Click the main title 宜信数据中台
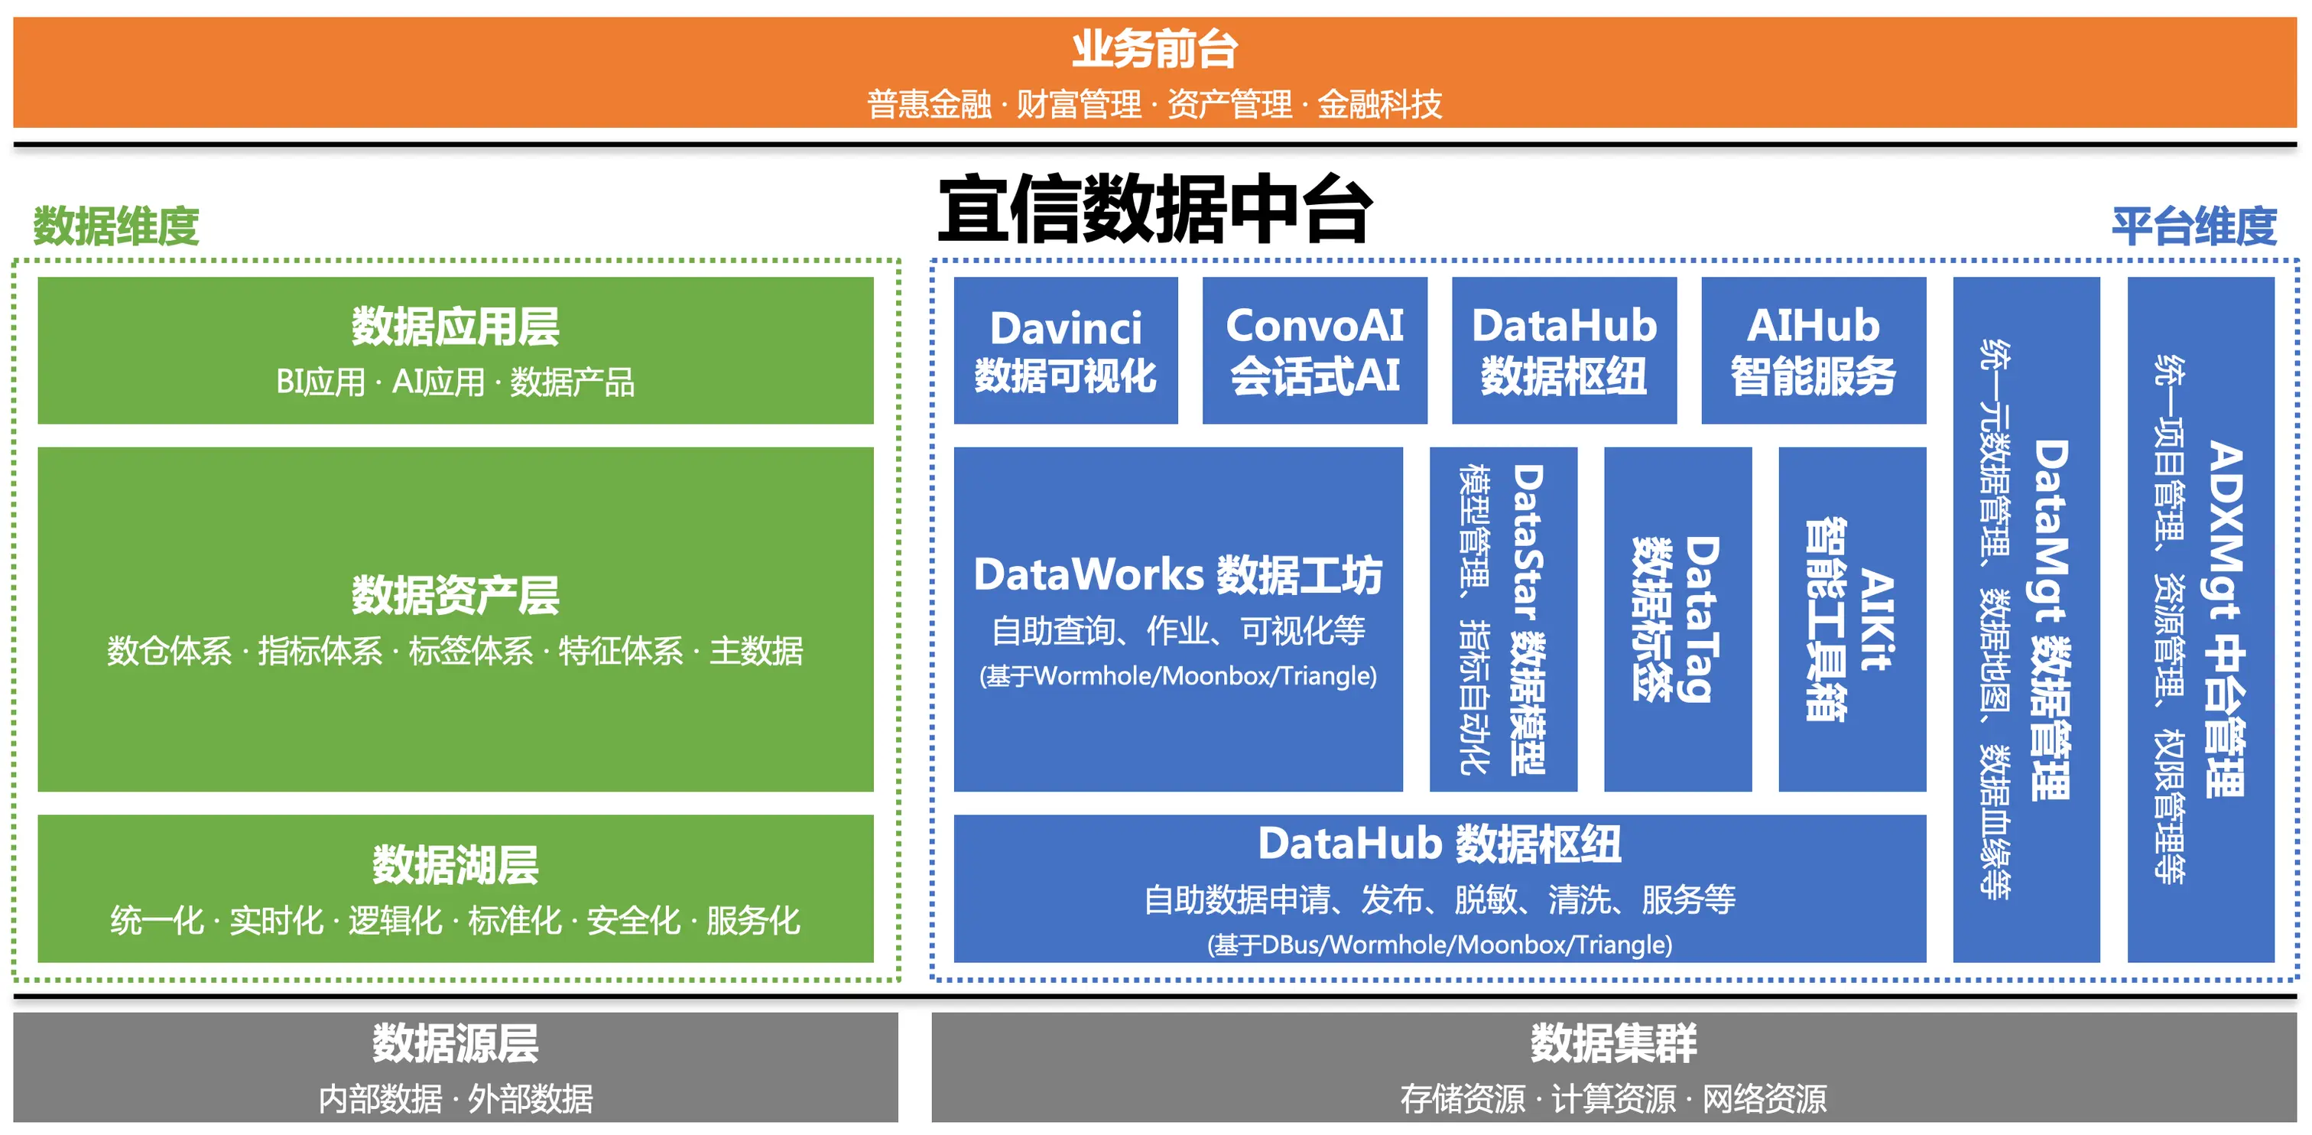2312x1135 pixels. (1155, 210)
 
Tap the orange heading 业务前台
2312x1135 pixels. (1155, 50)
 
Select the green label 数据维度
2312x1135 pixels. (115, 226)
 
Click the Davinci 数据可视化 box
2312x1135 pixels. (1065, 350)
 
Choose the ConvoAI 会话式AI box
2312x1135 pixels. (1315, 350)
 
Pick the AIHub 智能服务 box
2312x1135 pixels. (1814, 350)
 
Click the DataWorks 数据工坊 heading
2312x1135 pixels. (1177, 574)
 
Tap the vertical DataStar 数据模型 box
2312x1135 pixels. (1503, 620)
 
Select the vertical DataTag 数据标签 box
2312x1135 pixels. (1677, 620)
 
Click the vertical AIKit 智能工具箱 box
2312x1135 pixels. (1853, 620)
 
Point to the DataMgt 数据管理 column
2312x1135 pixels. (2027, 620)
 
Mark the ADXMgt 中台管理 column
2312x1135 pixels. (2200, 620)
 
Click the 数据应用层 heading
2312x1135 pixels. (455, 326)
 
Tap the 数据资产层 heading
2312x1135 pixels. (455, 595)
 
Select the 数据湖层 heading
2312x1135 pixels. (455, 865)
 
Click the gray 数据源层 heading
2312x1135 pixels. (455, 1043)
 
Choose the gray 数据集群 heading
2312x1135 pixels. (1614, 1043)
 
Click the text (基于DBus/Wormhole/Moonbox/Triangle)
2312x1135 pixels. (1440, 945)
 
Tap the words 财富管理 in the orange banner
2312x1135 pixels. (1079, 104)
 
